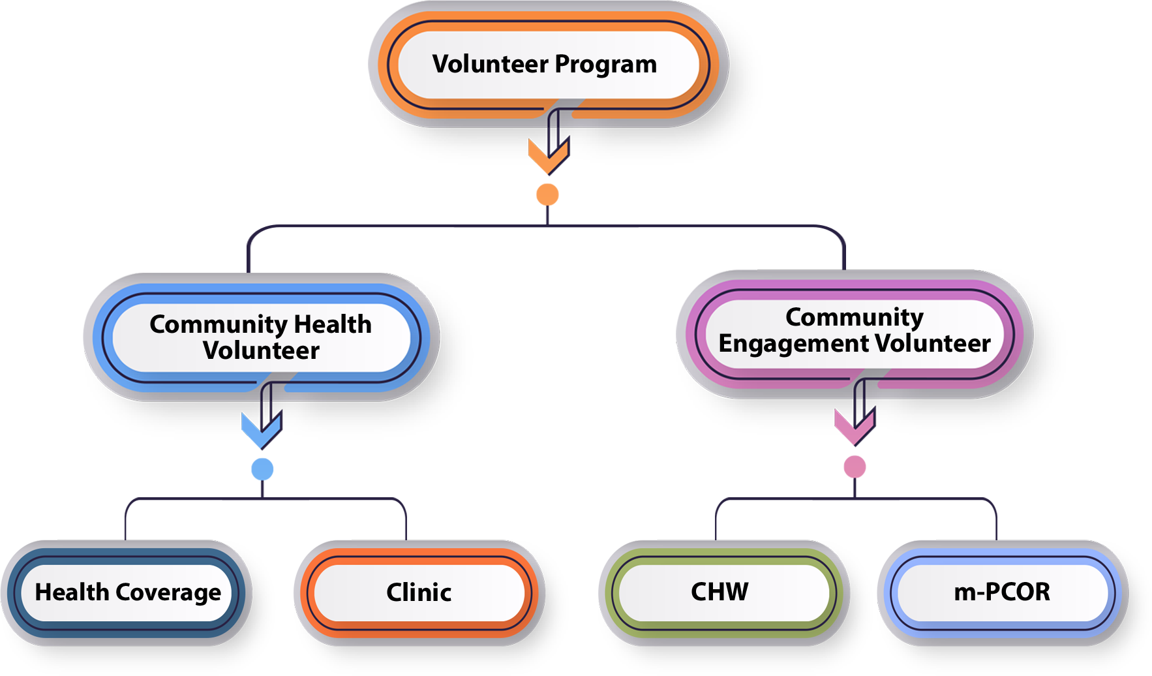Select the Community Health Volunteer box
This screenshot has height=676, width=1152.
(261, 337)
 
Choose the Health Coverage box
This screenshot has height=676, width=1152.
(127, 592)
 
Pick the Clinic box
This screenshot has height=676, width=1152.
(419, 592)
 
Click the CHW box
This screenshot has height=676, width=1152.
(720, 592)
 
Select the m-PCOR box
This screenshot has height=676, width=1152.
(1002, 592)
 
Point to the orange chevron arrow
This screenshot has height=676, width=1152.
(548, 157)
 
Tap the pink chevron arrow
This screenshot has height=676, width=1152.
(855, 427)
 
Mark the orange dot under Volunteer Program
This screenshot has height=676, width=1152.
(547, 194)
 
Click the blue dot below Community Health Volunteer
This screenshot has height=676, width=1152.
(262, 469)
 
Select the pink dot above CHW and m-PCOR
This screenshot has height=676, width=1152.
(855, 467)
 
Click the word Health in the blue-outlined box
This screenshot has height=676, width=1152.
(333, 324)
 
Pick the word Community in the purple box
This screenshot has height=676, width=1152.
(855, 317)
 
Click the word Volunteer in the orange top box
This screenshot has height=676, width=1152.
(491, 64)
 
